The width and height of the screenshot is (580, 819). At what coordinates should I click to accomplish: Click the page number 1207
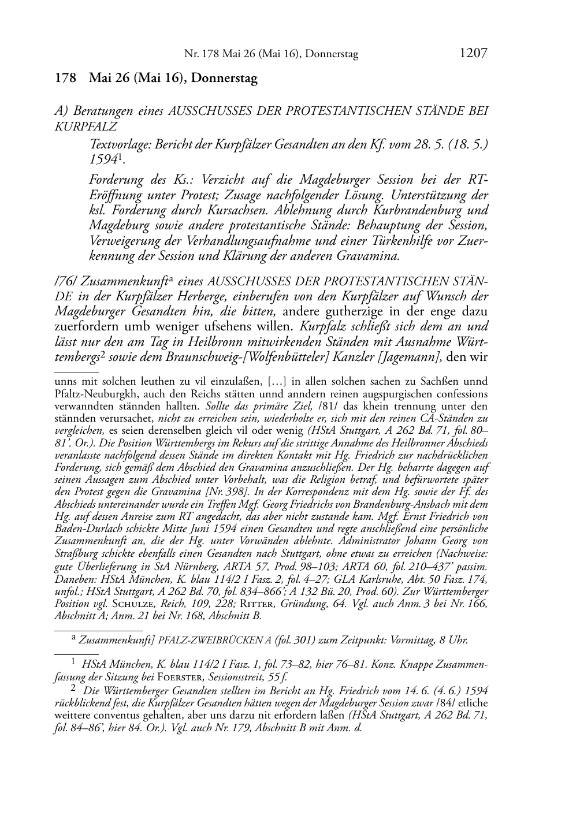click(x=473, y=54)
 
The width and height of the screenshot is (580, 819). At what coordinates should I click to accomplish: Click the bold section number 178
click(x=65, y=79)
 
